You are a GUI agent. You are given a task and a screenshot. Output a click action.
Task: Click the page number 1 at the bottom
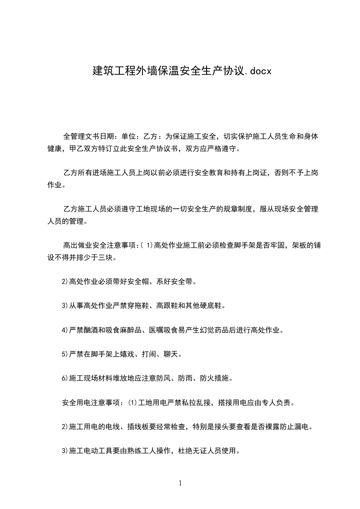[180, 483]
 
